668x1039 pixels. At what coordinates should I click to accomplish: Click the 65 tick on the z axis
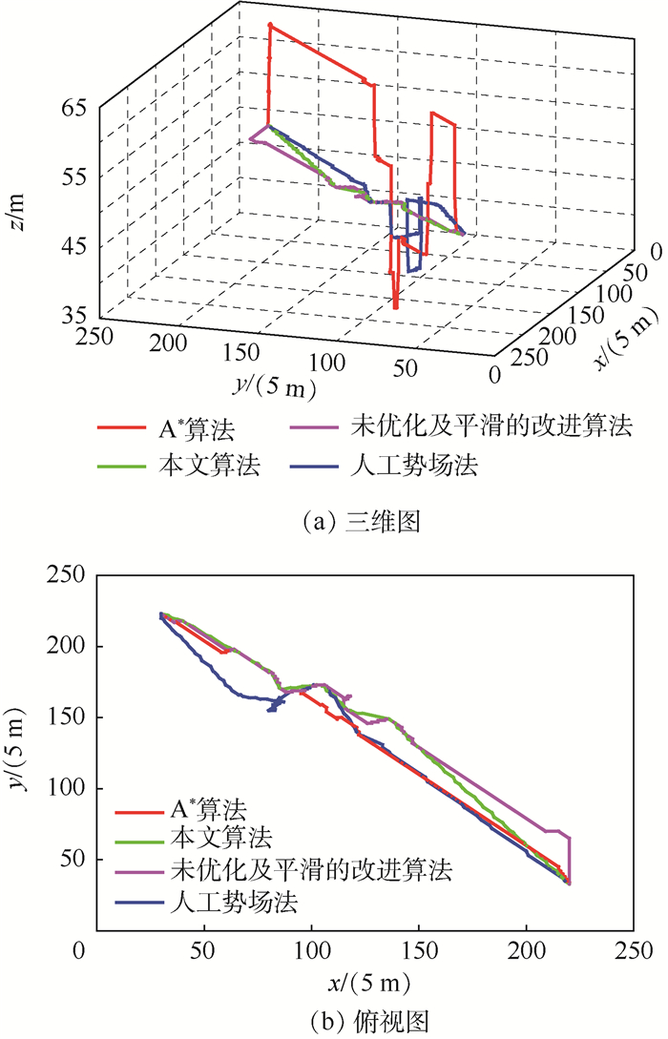[73, 108]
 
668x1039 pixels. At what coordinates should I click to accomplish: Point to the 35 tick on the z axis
[73, 315]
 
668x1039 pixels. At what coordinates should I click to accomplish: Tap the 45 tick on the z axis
[73, 246]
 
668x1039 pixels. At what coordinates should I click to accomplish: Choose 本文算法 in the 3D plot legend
[203, 467]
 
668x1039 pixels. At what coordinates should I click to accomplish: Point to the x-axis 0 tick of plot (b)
[84, 951]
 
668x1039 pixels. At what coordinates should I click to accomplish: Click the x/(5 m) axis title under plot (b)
[359, 980]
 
